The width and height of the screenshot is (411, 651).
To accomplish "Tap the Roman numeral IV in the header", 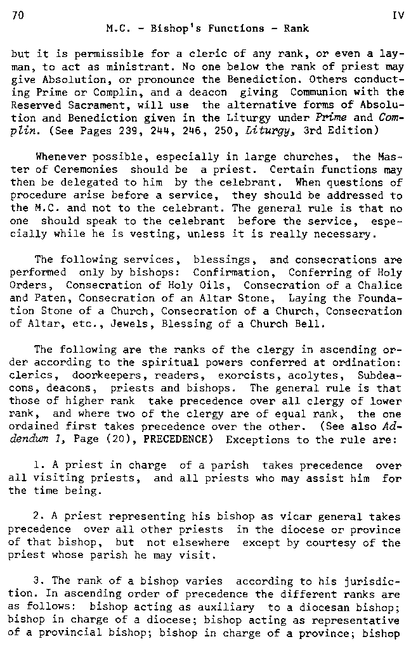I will pos(398,16).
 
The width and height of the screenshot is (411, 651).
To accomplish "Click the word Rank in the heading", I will pos(296,28).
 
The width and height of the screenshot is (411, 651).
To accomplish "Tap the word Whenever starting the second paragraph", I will pos(58,156).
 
